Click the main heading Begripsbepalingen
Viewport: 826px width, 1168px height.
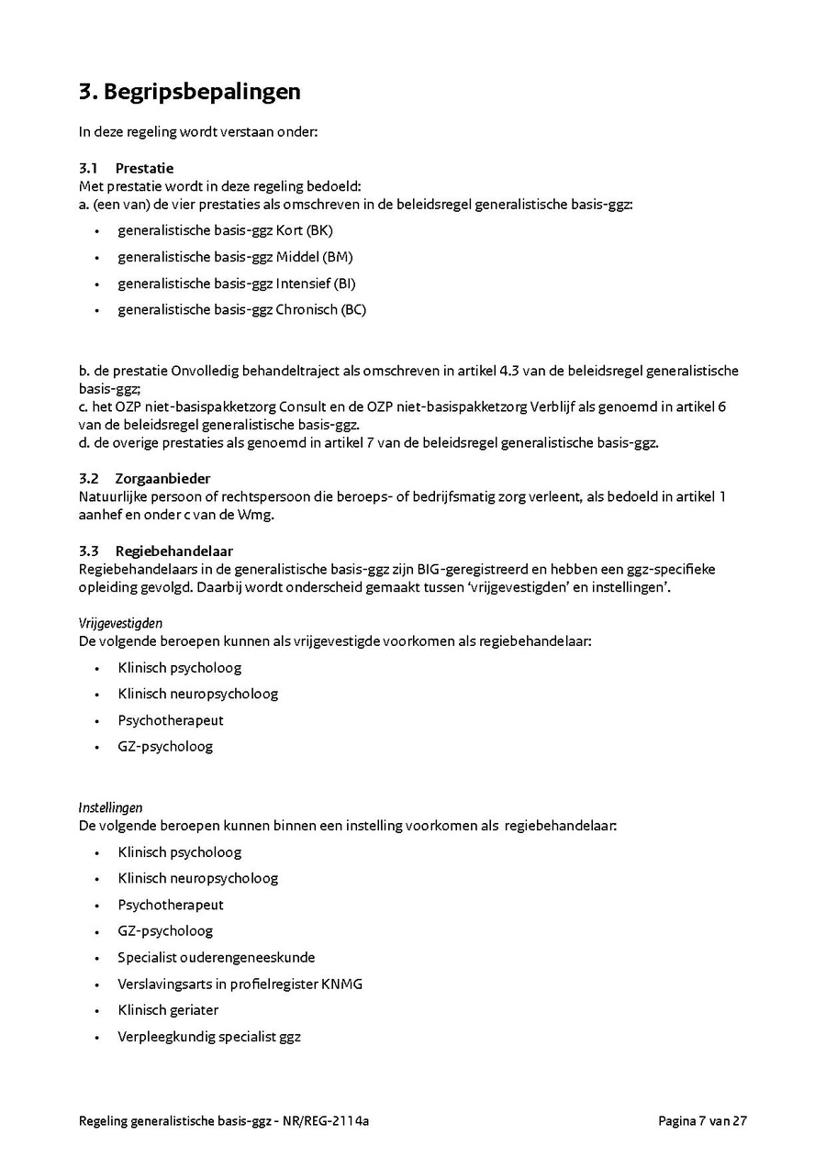tap(202, 92)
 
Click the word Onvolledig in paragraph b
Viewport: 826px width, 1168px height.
tap(203, 372)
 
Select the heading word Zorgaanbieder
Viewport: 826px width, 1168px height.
tap(162, 478)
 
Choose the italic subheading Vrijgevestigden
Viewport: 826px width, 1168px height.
tap(120, 624)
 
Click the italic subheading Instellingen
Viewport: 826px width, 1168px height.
tap(110, 808)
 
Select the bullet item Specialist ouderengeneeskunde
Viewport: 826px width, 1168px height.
tap(216, 957)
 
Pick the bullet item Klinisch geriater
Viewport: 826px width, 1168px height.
tap(168, 1010)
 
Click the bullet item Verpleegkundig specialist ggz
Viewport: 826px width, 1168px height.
tap(209, 1037)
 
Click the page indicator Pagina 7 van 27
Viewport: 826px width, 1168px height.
tap(702, 1120)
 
